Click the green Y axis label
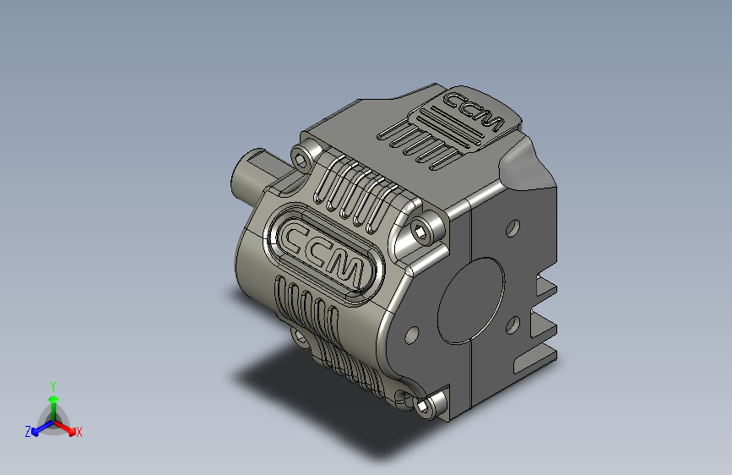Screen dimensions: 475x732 click(x=52, y=385)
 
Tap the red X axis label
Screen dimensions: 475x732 click(x=79, y=433)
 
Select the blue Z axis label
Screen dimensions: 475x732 click(x=28, y=432)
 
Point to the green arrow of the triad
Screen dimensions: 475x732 click(x=52, y=401)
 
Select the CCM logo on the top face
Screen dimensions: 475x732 click(x=473, y=112)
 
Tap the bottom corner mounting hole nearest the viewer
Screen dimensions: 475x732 click(x=423, y=408)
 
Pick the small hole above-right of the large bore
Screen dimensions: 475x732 click(x=512, y=228)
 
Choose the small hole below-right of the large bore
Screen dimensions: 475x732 click(x=511, y=324)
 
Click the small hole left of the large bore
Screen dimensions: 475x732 click(x=412, y=336)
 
